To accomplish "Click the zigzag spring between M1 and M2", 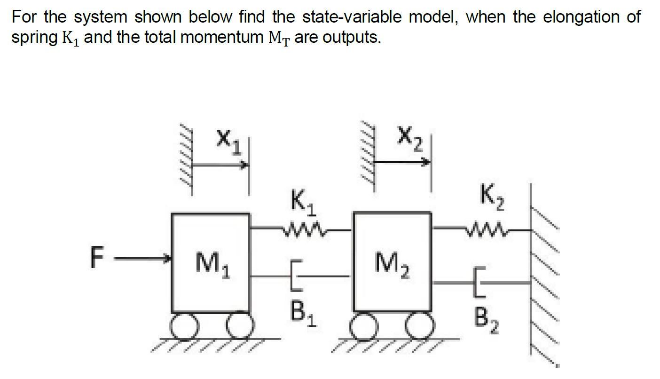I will pos(301,230).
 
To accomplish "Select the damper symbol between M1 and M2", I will pos(297,276).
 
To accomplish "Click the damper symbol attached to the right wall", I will pos(479,282).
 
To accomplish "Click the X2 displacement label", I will pos(410,137).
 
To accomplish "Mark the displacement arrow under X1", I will pos(221,165).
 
